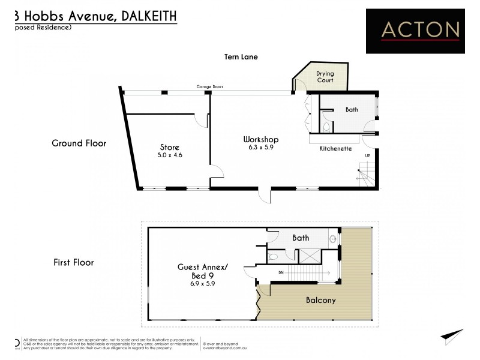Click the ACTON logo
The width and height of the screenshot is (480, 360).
pyautogui.click(x=415, y=29)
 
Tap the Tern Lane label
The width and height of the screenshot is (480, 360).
pyautogui.click(x=240, y=57)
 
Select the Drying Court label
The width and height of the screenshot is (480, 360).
pyautogui.click(x=325, y=77)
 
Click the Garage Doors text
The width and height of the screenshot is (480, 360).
pyautogui.click(x=210, y=87)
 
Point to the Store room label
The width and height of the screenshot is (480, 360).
pyautogui.click(x=169, y=147)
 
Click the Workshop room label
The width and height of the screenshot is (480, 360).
pyautogui.click(x=260, y=139)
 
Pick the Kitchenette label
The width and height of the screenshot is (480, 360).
pyautogui.click(x=335, y=148)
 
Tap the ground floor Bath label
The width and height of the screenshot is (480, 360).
pyautogui.click(x=352, y=110)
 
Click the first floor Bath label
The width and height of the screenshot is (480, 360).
pyautogui.click(x=301, y=238)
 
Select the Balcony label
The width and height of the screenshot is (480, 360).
pyautogui.click(x=321, y=301)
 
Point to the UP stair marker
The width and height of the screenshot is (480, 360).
pyautogui.click(x=367, y=155)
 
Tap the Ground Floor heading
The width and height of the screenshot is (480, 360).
pyautogui.click(x=79, y=143)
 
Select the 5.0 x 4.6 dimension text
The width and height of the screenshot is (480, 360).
pyautogui.click(x=170, y=155)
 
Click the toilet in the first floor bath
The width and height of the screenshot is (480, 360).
pyautogui.click(x=274, y=256)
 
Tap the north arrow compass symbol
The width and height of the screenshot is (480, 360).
pyautogui.click(x=452, y=336)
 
